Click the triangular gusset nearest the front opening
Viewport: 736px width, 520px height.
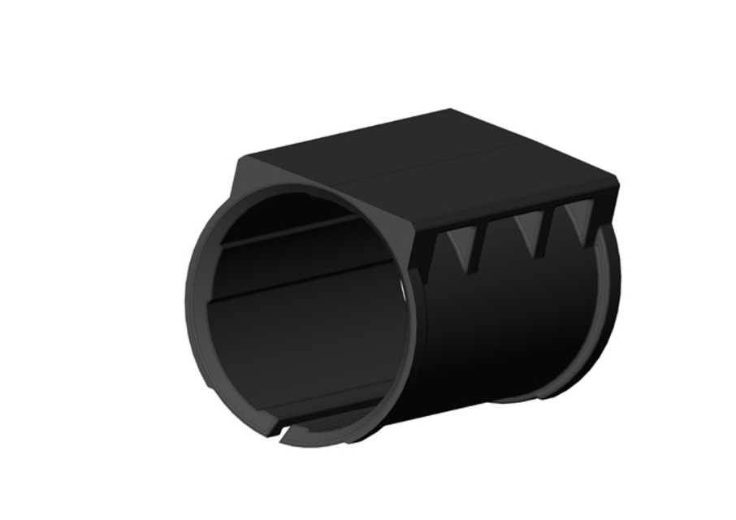pyautogui.click(x=464, y=249)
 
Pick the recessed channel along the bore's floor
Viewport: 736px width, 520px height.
pyautogui.click(x=325, y=406)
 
